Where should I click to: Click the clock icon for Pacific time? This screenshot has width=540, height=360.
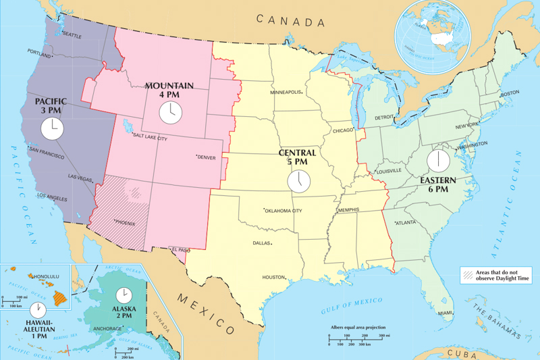(51, 127)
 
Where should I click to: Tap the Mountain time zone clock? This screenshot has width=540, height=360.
(171, 112)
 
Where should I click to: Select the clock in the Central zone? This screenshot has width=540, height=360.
(298, 180)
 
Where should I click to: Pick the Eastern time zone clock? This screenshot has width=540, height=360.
(438, 161)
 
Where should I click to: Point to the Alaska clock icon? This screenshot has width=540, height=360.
(123, 295)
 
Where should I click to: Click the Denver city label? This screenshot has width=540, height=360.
(207, 157)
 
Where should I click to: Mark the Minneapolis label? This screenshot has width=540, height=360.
(286, 92)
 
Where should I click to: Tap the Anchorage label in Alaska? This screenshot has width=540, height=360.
(107, 329)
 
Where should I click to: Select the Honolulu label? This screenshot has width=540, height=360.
(45, 276)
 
